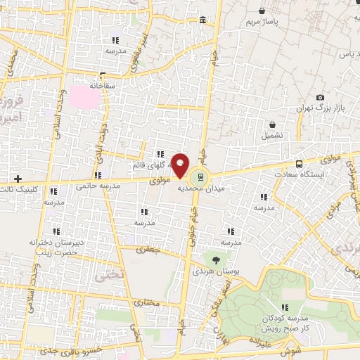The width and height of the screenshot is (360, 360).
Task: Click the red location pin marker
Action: coord(181,166)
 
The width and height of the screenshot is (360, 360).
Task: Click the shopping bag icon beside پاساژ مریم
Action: coord(262,11)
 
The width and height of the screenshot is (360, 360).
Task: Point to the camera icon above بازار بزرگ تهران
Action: coord(320,98)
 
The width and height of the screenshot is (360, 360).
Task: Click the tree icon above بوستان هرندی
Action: coord(215,260)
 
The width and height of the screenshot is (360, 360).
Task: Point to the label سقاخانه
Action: coord(103,85)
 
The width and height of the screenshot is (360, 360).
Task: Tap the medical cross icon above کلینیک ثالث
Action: coord(18,178)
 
